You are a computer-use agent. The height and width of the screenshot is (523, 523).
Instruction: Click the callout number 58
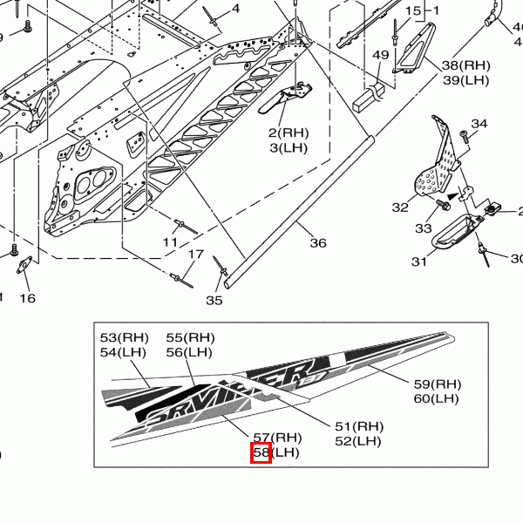[x=261, y=453]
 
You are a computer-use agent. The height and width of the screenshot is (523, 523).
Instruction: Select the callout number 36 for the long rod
[x=318, y=243]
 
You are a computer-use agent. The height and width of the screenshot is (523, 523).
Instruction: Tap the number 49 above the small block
[x=381, y=56]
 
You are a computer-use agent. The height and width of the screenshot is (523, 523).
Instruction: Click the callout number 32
[x=400, y=207]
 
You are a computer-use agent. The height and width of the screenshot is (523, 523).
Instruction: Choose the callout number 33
[x=423, y=228]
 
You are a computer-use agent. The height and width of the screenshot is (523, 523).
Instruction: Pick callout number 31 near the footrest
[x=419, y=261]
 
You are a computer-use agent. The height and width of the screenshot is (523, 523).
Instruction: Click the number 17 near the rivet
[x=197, y=255]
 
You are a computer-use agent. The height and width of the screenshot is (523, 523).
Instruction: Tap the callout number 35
[x=214, y=301]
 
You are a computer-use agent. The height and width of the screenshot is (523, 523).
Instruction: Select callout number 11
[x=171, y=241]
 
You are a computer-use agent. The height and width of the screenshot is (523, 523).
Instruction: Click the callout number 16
[x=28, y=298]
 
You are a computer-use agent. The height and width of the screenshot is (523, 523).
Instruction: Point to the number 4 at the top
[x=235, y=10]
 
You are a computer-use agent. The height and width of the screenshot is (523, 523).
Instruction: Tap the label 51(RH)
[x=359, y=426]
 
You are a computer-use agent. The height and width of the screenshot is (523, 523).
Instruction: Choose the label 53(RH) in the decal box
[x=125, y=337]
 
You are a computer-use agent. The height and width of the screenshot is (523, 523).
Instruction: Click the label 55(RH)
[x=190, y=337]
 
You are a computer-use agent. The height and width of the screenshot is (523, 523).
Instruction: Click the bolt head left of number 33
[x=443, y=207]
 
